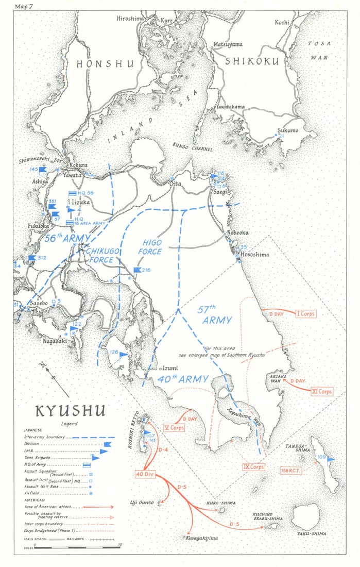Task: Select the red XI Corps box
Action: click(321, 391)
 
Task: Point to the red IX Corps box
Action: click(253, 467)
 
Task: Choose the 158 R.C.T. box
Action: click(292, 470)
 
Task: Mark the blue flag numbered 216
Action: click(138, 270)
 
